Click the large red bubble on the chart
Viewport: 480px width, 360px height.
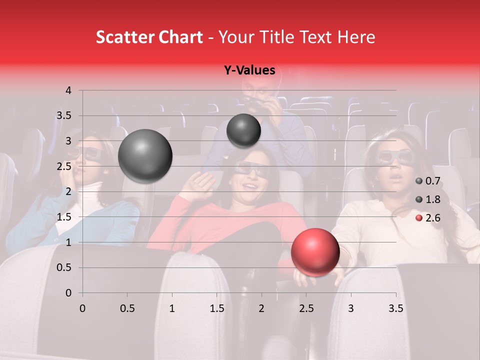coord(315,252)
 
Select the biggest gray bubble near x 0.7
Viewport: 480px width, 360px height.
coord(145,156)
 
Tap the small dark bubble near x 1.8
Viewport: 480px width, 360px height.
coord(243,130)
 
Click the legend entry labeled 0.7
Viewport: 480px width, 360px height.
coord(428,181)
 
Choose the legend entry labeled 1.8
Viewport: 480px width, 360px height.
coord(428,199)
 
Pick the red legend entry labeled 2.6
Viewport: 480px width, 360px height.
coord(428,218)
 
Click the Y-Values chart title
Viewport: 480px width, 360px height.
coord(249,70)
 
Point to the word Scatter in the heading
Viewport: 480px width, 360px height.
coord(123,37)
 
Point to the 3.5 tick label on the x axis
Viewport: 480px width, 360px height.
coord(395,308)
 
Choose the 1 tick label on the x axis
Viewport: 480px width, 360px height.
coord(172,308)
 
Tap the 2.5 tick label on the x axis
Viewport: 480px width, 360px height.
coord(306,308)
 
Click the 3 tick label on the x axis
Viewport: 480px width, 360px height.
coord(351,308)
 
